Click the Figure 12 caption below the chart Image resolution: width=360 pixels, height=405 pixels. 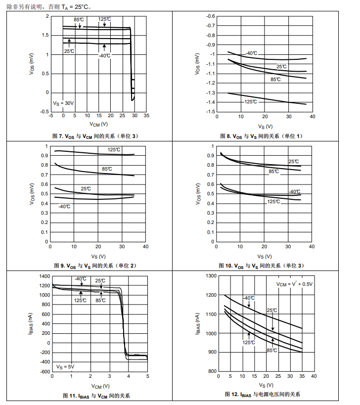coord(262,394)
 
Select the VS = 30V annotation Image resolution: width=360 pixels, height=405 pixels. coord(63,103)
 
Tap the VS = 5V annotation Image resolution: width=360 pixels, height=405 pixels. coord(65,366)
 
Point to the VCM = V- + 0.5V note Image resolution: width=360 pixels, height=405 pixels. coord(294,284)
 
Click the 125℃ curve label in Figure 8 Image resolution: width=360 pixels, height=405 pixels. coord(250,102)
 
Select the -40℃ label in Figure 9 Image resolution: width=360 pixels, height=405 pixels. coord(64,206)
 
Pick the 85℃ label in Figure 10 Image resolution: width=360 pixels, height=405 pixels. coord(274,172)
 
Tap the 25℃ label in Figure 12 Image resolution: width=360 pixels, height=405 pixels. coord(272,311)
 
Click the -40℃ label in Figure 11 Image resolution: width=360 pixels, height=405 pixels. coord(81,279)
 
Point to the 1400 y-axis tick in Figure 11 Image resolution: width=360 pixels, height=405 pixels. coord(44,276)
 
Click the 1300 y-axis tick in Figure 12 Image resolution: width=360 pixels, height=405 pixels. coord(211,276)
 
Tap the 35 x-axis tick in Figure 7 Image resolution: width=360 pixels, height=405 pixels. coord(146,116)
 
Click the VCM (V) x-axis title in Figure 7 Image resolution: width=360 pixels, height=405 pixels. coord(98,124)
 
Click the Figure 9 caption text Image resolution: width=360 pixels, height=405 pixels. coord(95,266)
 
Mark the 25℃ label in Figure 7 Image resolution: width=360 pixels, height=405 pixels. coord(69,50)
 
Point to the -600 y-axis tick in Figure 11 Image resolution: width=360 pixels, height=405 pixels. coord(44,371)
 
